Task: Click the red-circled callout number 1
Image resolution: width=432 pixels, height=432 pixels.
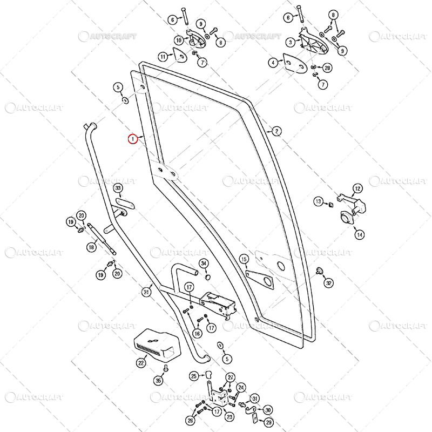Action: click(x=132, y=139)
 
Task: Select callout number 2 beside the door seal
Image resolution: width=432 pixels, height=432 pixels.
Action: click(x=276, y=131)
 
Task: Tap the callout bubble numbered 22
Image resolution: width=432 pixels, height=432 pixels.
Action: click(x=141, y=363)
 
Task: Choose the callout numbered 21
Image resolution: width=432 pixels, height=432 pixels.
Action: click(x=146, y=292)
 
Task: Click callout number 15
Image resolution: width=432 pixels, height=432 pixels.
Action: click(x=244, y=260)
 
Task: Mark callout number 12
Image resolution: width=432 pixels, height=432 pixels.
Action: click(x=357, y=188)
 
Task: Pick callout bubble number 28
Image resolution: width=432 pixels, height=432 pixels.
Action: click(x=327, y=68)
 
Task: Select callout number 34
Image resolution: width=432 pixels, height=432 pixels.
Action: click(x=204, y=264)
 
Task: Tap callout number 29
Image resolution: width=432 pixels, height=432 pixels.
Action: click(x=269, y=422)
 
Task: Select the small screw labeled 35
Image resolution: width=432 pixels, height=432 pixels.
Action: click(x=166, y=368)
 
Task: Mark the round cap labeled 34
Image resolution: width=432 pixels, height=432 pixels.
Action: click(x=207, y=276)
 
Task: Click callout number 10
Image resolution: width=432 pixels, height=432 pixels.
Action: click(x=179, y=40)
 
